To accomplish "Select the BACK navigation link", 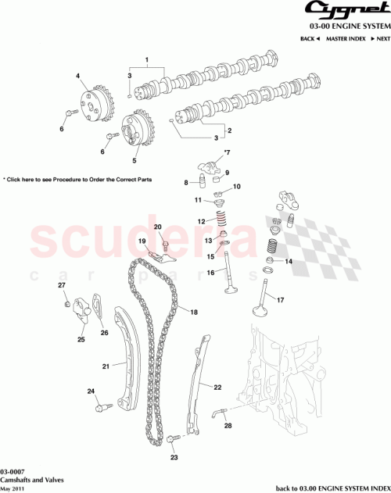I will (x=310, y=38).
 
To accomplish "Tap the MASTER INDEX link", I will (x=346, y=38).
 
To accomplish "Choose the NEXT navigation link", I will (x=381, y=38).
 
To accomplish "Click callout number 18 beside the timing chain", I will (x=194, y=312).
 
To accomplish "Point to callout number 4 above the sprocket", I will (x=78, y=76).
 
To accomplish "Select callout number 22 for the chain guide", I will (x=217, y=387).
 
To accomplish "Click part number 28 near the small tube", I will (x=228, y=427).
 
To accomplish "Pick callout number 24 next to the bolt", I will (x=91, y=391).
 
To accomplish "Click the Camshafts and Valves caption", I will (x=32, y=480).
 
